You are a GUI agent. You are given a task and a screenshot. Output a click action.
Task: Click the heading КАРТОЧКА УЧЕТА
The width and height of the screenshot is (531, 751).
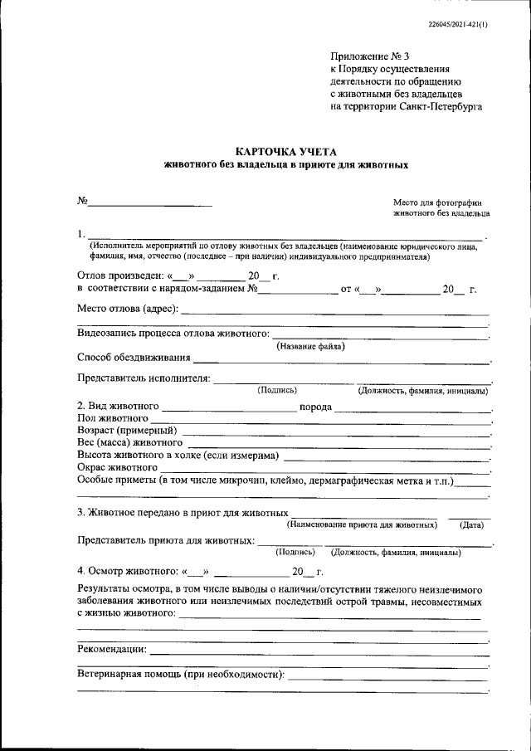pos(286,151)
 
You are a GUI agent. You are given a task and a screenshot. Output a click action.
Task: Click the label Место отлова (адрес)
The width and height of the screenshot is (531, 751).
pos(127,310)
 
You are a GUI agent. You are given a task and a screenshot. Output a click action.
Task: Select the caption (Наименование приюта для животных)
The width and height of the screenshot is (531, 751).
pos(362,524)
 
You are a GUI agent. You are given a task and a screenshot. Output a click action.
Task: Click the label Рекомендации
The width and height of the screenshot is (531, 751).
pos(111,648)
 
